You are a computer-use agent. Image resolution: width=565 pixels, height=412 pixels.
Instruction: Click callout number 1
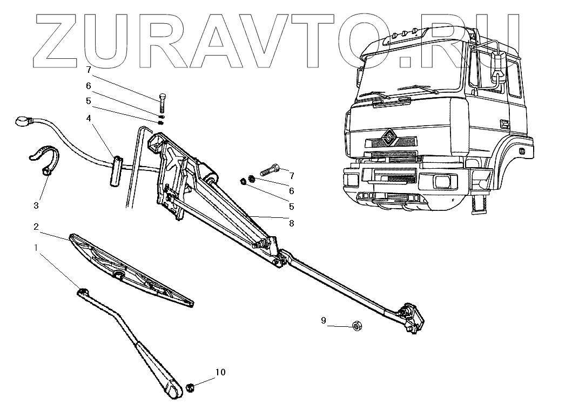point(36,247)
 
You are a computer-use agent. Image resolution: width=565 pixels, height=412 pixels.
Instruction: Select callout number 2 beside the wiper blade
point(36,227)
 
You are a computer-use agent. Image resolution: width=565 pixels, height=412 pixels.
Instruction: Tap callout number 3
point(36,205)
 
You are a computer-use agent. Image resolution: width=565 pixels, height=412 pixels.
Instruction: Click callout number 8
point(292,223)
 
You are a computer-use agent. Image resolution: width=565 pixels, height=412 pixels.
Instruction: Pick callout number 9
point(324,320)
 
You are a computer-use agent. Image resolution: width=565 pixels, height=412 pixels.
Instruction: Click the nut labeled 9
point(357,326)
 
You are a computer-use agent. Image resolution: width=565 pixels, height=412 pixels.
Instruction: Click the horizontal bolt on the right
point(270,170)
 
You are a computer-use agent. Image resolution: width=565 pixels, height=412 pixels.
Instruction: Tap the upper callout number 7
point(88,70)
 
